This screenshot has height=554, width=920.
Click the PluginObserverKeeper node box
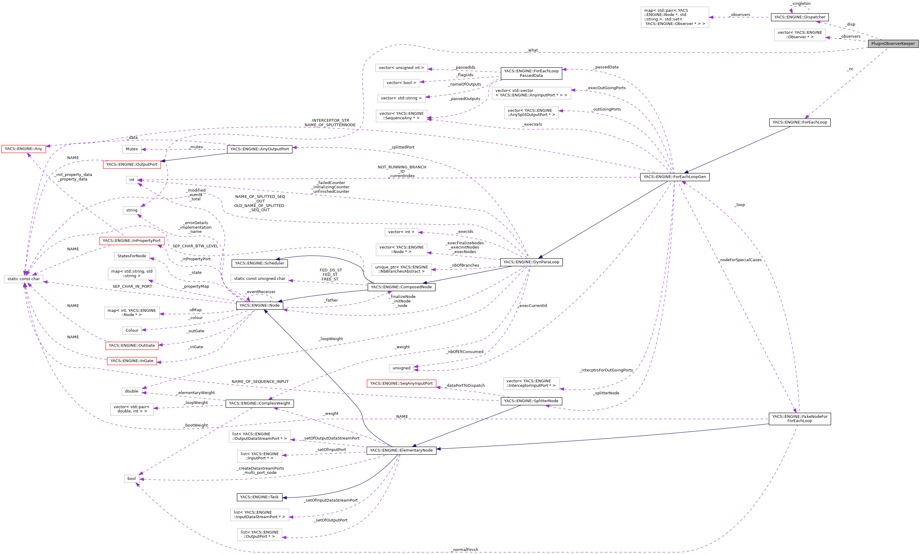(893, 44)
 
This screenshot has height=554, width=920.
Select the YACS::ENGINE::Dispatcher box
(799, 17)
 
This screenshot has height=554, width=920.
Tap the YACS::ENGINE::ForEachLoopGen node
(674, 177)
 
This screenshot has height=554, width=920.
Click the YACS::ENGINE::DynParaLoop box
(531, 262)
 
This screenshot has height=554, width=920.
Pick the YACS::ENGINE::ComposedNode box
(401, 287)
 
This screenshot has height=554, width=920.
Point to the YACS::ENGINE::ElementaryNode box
(401, 451)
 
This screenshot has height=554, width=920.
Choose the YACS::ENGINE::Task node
(259, 497)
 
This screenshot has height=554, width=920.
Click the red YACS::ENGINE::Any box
(23, 149)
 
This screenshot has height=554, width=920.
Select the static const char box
(24, 279)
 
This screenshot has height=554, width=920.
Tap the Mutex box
(131, 149)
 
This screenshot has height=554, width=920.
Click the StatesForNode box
(131, 256)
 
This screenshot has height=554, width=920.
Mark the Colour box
(132, 330)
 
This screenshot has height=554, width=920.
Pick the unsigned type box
(401, 368)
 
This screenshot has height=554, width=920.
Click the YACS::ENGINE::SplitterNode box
(531, 401)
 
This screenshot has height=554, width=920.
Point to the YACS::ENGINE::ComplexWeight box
(259, 404)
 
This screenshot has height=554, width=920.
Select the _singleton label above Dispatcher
(801, 3)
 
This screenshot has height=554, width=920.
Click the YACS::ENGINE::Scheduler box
(259, 263)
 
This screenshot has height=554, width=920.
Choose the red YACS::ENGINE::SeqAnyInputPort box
(401, 383)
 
